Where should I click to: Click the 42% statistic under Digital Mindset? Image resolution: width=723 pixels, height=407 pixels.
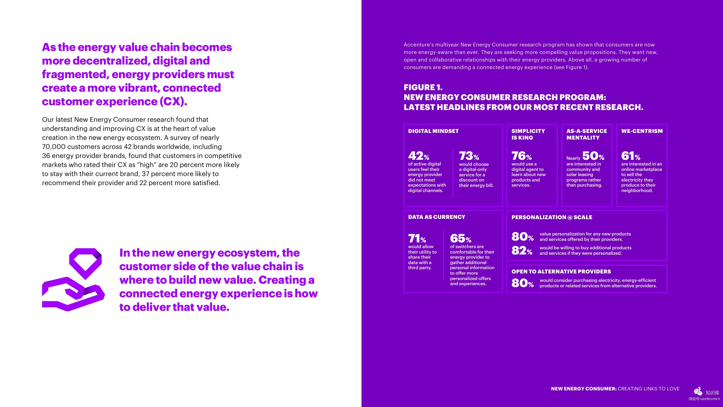tap(418, 156)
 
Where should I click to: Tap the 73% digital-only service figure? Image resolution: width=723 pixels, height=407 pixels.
tap(469, 156)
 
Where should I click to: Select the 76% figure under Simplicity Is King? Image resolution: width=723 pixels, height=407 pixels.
tap(521, 156)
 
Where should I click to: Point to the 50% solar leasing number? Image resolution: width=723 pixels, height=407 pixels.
tap(593, 156)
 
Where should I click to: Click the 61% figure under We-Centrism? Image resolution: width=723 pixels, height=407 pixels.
tap(631, 156)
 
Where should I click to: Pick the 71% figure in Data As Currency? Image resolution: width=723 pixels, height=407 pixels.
tap(417, 238)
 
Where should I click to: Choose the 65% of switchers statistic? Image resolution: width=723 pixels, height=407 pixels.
tap(460, 238)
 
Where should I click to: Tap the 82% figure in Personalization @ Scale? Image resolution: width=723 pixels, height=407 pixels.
tap(522, 251)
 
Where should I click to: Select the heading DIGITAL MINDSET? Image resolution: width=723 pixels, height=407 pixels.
tap(433, 131)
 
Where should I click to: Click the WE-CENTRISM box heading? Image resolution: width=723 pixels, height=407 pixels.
tap(642, 131)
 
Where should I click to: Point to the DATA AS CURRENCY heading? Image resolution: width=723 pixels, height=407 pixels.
tap(437, 217)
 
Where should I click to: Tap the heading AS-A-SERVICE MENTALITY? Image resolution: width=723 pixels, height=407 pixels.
tap(586, 134)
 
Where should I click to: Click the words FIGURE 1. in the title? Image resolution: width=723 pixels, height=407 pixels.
tap(423, 87)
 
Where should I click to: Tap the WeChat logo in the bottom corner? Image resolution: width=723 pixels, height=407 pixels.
tap(698, 392)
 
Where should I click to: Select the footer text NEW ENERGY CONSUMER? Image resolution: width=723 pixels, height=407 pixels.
tap(584, 389)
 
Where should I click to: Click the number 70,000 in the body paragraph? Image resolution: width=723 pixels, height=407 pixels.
tap(54, 147)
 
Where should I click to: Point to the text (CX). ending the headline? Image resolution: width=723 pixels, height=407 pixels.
tap(173, 102)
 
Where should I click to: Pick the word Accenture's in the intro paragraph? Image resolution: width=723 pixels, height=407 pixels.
tap(418, 45)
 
